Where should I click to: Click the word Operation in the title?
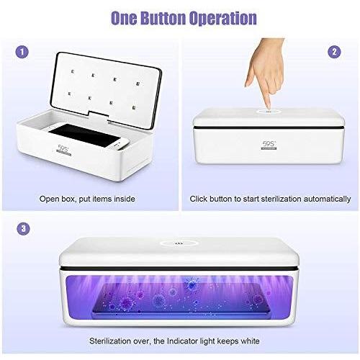point(223,18)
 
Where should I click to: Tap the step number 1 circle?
point(22,52)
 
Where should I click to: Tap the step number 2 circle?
point(334,52)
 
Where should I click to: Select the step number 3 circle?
point(23,228)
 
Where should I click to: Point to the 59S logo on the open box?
point(63,150)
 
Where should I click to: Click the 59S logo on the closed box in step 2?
point(269,145)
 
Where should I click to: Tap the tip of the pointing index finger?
point(269,109)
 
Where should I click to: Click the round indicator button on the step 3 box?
point(179,243)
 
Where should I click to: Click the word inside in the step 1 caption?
point(124,199)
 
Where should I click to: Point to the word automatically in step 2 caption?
point(327,199)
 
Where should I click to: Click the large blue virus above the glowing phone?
point(192,284)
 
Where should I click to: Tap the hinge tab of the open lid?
point(98,117)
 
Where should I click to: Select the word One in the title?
point(124,18)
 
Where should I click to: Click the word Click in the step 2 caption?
point(199,199)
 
